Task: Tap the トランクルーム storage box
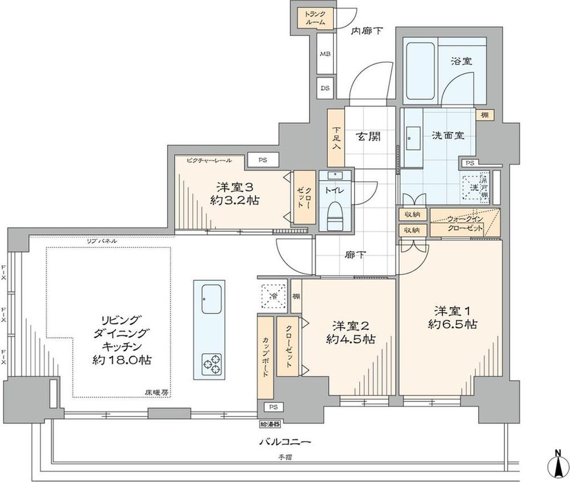(315, 18)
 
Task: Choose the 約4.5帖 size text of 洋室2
(351, 339)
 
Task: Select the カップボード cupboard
(265, 357)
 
